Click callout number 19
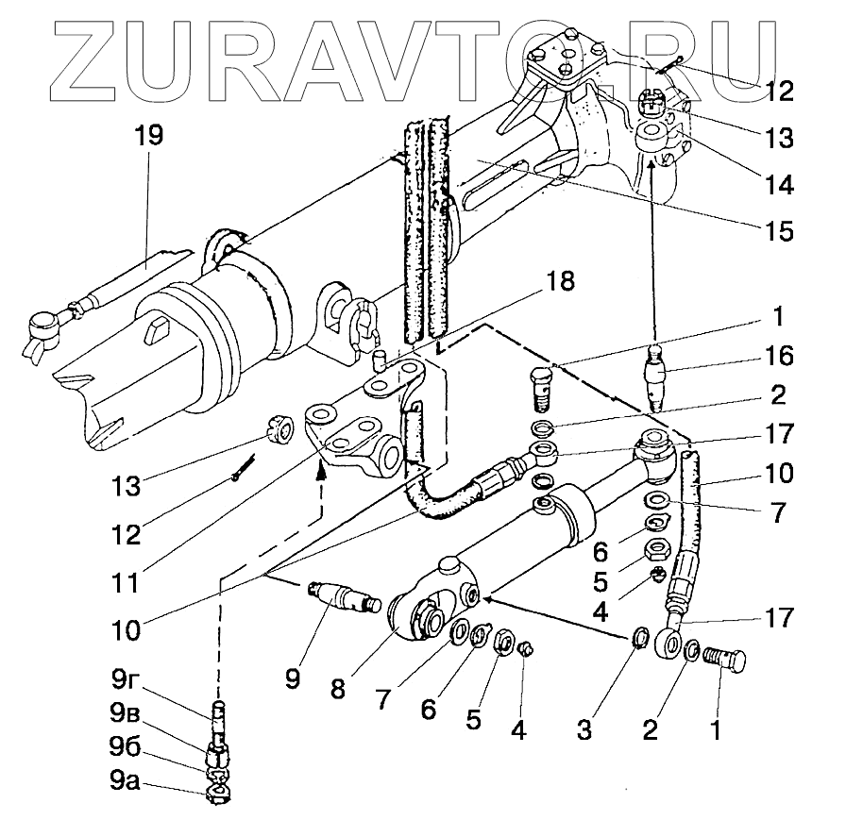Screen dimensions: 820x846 click(148, 135)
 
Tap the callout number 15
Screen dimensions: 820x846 click(780, 229)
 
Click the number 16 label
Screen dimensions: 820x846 click(780, 356)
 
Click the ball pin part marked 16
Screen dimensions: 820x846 click(654, 376)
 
